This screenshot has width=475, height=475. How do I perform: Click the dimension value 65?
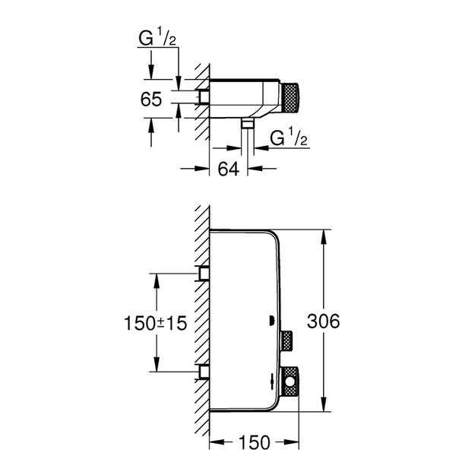(x=151, y=99)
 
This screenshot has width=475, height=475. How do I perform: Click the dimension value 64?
(x=229, y=169)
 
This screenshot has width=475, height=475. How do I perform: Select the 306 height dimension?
(x=323, y=321)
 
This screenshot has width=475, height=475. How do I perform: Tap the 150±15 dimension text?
(x=155, y=323)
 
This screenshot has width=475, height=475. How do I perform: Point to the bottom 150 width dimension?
(x=255, y=442)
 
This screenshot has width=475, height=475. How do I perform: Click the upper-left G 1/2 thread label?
(x=157, y=39)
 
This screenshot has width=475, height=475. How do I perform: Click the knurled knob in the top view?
(x=290, y=98)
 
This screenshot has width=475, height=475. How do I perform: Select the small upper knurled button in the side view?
(x=286, y=340)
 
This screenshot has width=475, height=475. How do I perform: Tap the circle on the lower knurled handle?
(x=290, y=382)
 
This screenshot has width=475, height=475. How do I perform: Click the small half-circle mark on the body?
(x=271, y=321)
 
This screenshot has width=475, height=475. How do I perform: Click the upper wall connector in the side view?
(x=204, y=274)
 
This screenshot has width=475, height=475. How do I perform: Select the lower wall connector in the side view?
(x=204, y=372)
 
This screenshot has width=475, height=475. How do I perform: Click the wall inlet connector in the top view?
(x=204, y=97)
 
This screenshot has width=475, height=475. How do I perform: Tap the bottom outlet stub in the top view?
(x=248, y=123)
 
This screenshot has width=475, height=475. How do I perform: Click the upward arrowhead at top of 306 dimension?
(x=324, y=236)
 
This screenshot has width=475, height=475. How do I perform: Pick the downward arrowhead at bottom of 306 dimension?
(x=324, y=404)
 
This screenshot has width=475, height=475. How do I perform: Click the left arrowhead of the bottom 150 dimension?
(x=217, y=442)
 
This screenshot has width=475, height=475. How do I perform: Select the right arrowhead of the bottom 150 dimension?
(x=291, y=442)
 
